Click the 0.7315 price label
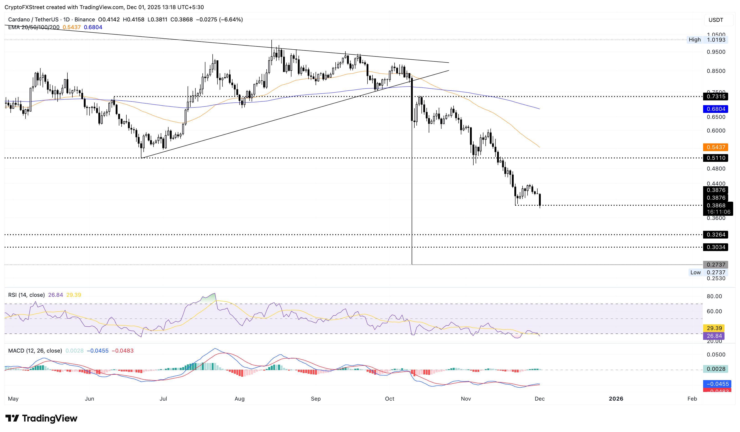(715, 97)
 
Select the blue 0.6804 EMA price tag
(715, 109)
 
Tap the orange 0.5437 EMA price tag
(715, 147)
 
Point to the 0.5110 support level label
(715, 158)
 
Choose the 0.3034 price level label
(715, 247)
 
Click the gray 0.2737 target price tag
(715, 264)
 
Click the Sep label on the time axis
(316, 399)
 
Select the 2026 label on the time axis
(616, 399)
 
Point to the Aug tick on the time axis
(240, 399)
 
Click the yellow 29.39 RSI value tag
(714, 328)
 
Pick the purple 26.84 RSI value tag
(714, 336)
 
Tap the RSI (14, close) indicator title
(26, 295)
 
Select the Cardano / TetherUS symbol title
(51, 20)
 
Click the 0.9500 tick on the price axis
(716, 52)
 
